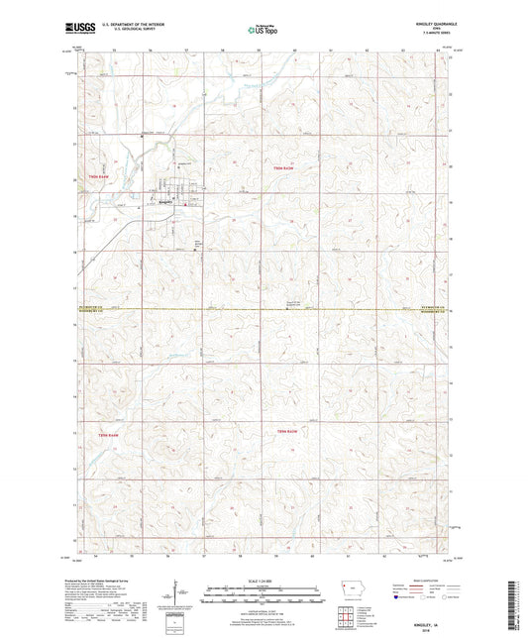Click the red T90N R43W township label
point(283,169)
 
